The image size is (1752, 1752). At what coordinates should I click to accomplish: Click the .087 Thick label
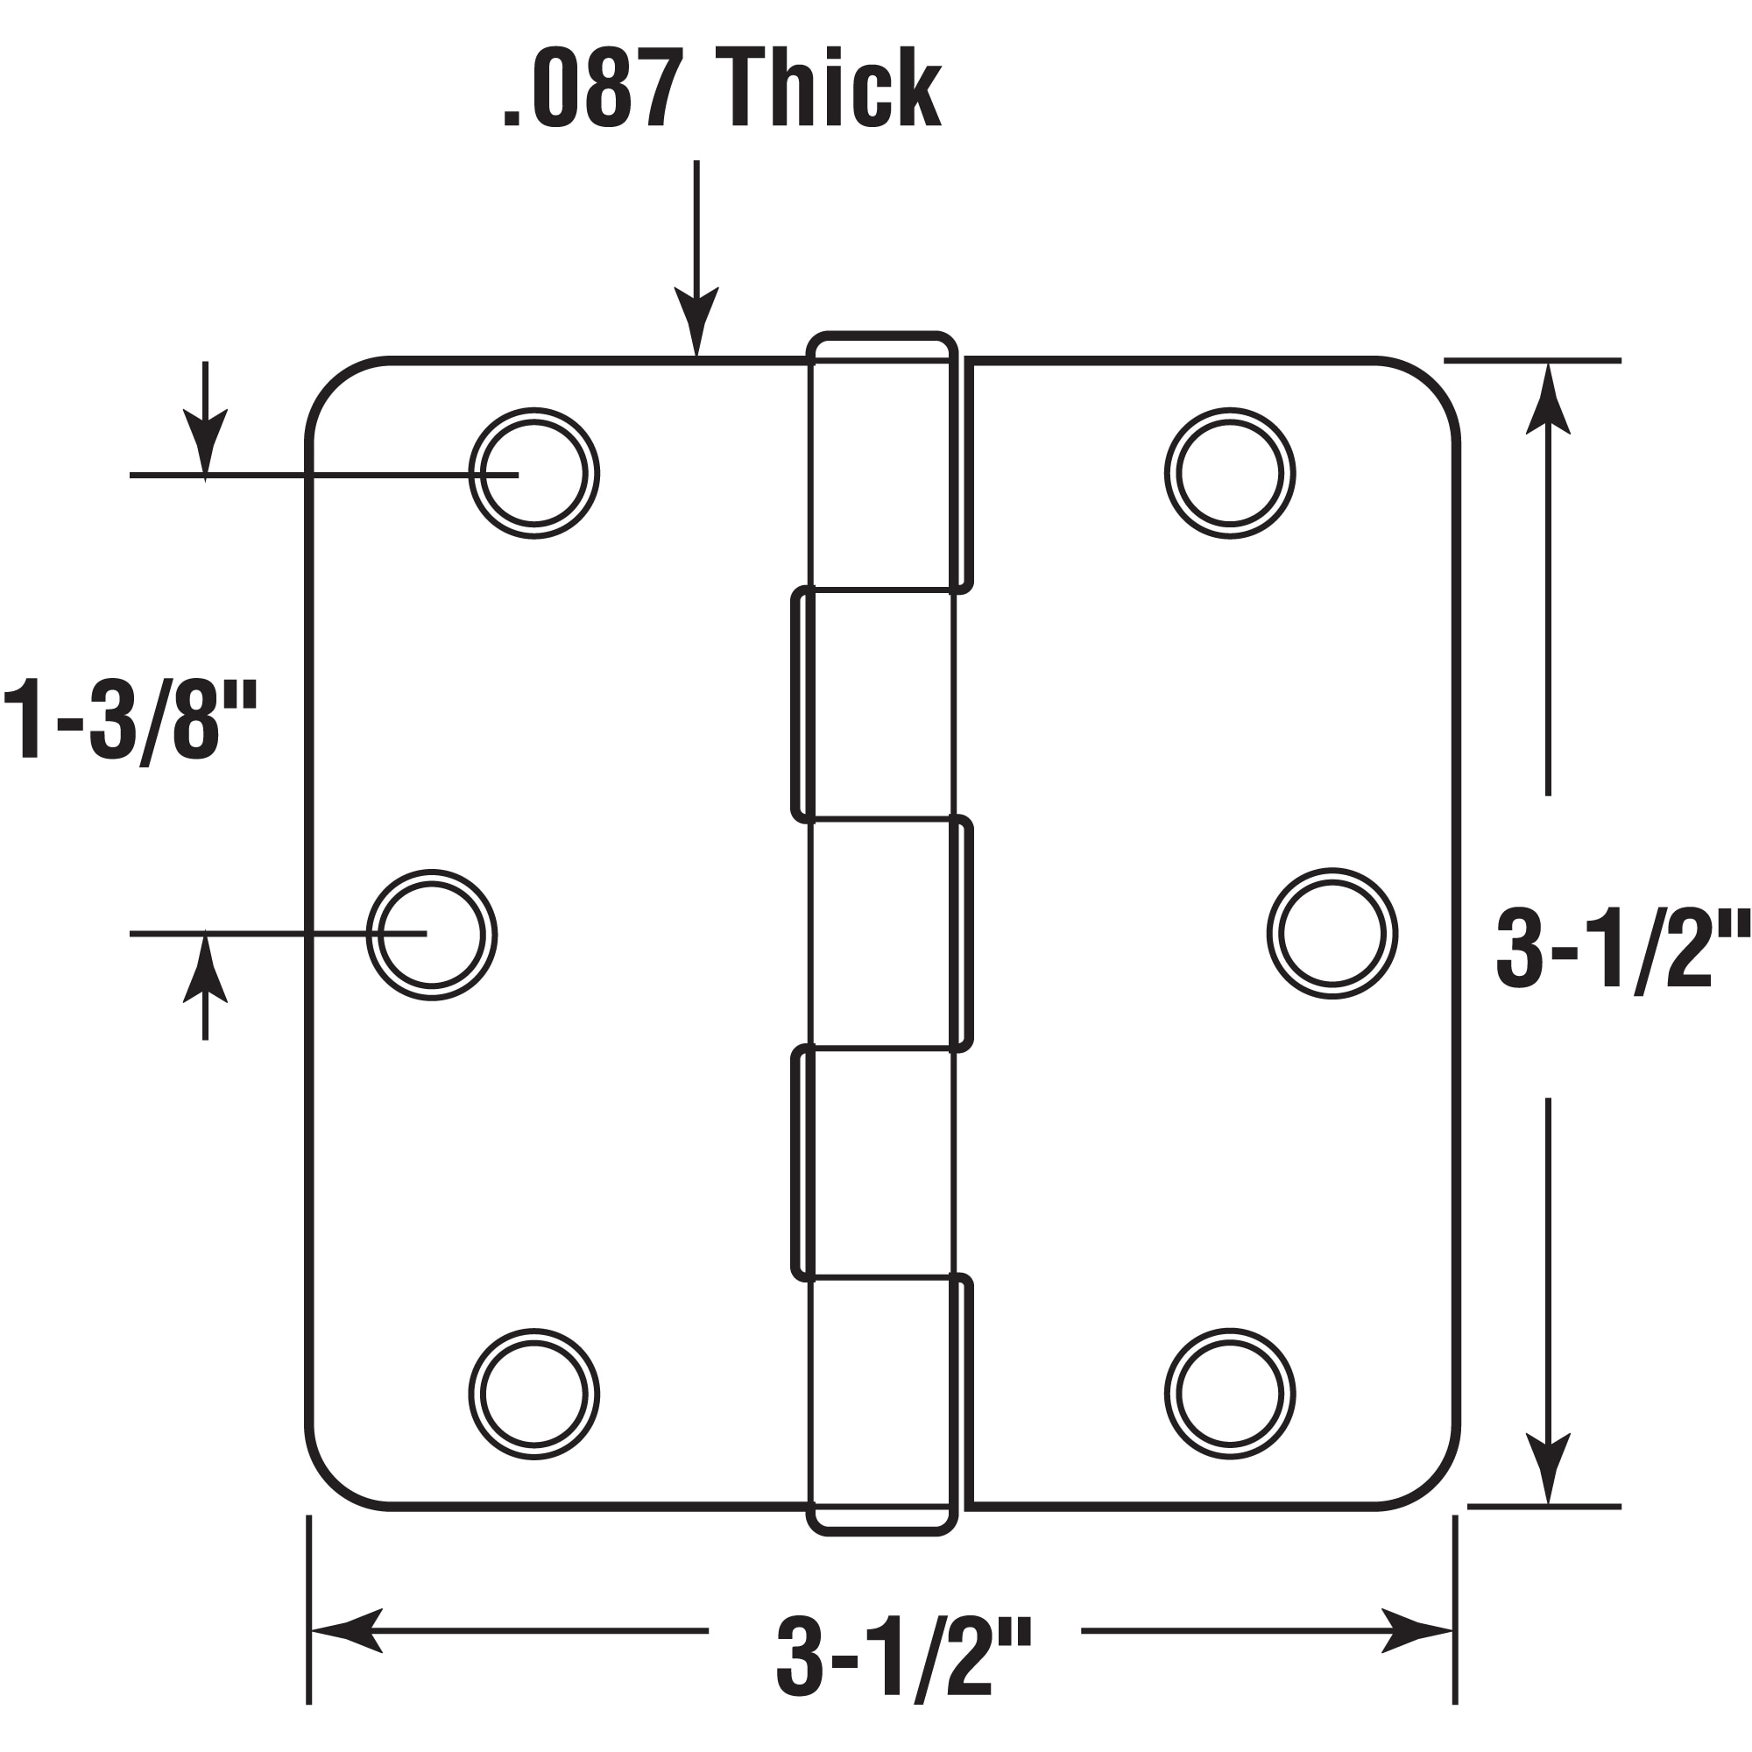tap(722, 88)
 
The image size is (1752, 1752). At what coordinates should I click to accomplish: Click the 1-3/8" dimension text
tap(131, 722)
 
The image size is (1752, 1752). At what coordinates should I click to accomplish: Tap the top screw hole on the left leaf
tap(534, 473)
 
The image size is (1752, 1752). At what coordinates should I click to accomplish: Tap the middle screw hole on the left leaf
tap(432, 935)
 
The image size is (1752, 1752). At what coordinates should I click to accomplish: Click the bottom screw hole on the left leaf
tap(534, 1395)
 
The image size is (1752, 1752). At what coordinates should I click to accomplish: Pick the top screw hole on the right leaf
tap(1230, 473)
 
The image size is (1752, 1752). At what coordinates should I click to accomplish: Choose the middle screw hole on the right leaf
tap(1332, 934)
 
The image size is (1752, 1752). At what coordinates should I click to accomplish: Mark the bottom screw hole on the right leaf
tap(1230, 1395)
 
